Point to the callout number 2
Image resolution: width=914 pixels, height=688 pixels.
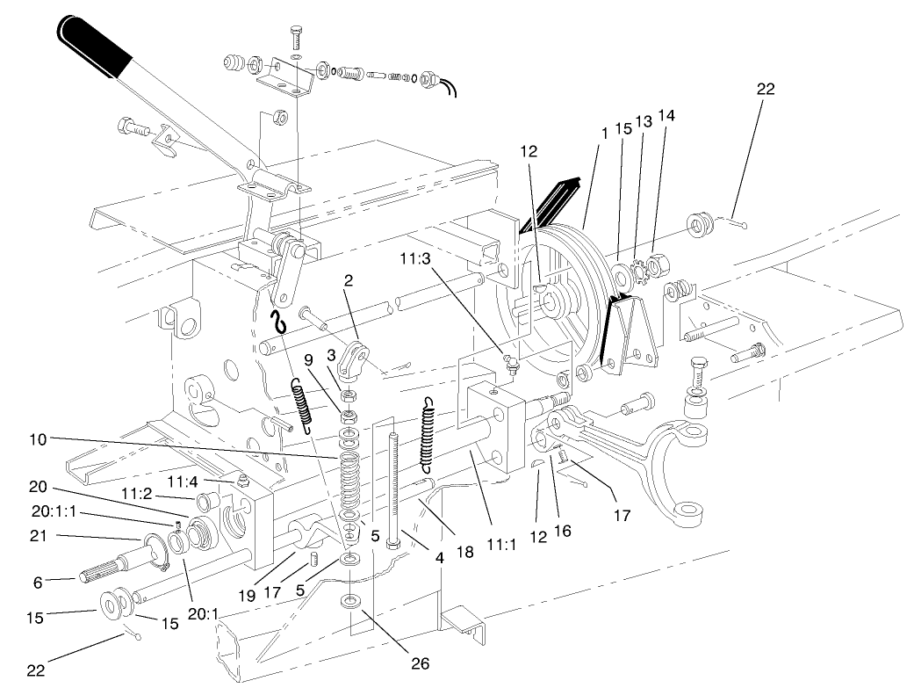[x=349, y=280]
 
